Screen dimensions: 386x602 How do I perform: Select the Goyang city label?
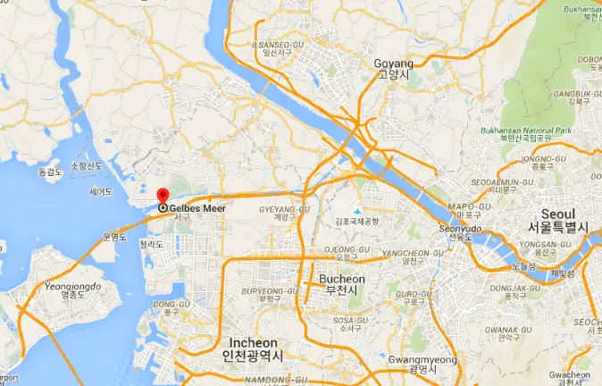tap(395, 65)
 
